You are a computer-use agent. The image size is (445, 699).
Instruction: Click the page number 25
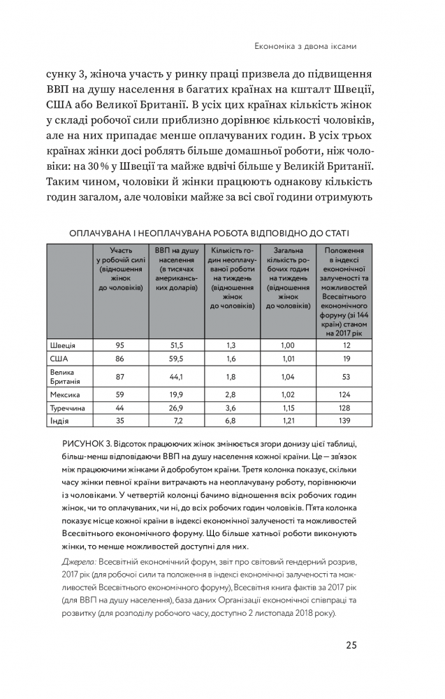(x=351, y=644)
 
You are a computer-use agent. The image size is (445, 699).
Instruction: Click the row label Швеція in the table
(x=63, y=345)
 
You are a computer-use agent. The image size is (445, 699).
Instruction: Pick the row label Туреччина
(x=68, y=408)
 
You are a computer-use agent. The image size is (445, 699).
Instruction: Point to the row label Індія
(x=59, y=421)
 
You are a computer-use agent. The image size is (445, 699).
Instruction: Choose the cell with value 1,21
(x=287, y=421)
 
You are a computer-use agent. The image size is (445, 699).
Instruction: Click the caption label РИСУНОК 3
(x=90, y=445)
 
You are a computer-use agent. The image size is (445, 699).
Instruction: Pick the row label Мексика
(x=65, y=395)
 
